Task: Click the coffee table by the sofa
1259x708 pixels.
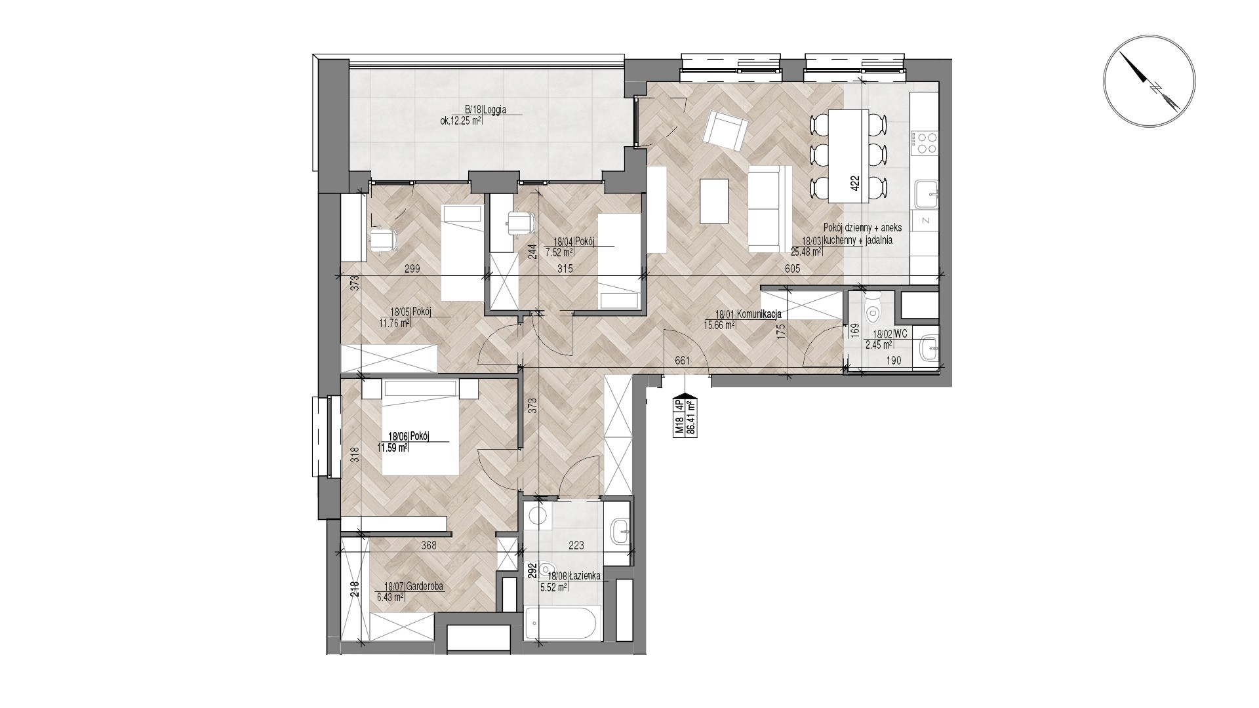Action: [x=715, y=201]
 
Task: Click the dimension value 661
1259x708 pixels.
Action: [x=682, y=360]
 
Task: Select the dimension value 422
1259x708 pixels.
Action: [x=854, y=182]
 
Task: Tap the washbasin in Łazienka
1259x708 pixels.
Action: [x=620, y=531]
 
